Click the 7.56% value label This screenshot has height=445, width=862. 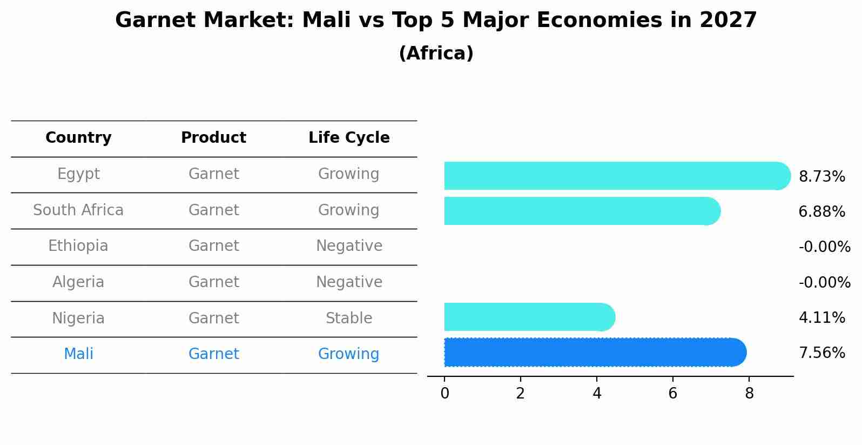tap(821, 353)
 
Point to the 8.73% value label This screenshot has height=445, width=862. tap(821, 177)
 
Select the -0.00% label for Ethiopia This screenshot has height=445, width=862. tap(824, 247)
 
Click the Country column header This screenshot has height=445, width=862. tap(78, 138)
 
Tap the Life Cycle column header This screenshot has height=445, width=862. tap(349, 138)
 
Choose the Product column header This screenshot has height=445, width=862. tap(213, 138)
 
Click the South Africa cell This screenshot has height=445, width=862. tap(78, 210)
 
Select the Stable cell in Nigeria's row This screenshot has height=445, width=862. tap(349, 318)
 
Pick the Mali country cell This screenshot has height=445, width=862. tap(78, 354)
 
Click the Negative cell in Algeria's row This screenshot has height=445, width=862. tap(349, 282)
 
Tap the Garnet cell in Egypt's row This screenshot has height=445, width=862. tap(213, 174)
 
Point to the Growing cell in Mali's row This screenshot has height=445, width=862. tap(349, 354)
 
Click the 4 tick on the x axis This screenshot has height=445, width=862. tap(596, 394)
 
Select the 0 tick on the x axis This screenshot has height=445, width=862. tap(445, 394)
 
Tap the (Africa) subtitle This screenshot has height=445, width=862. tap(436, 54)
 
